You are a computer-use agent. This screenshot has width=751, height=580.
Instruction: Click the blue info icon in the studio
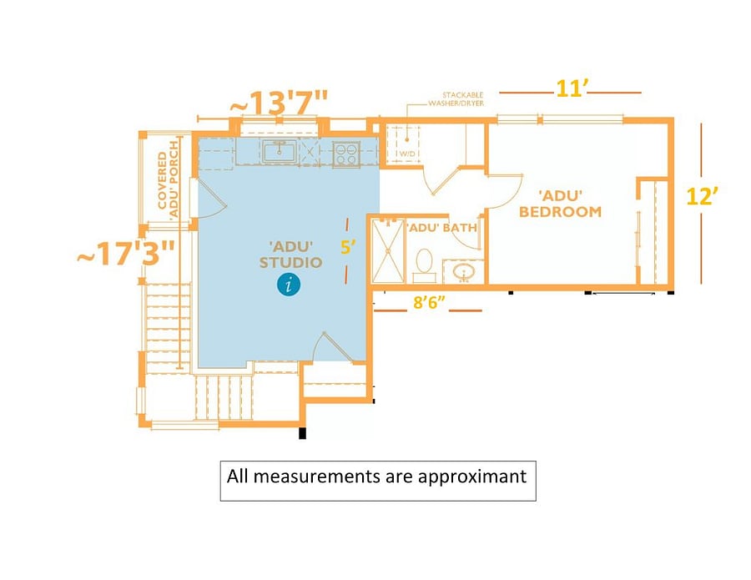pyautogui.click(x=289, y=284)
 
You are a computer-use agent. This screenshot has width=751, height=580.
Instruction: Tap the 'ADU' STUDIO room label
pyautogui.click(x=290, y=255)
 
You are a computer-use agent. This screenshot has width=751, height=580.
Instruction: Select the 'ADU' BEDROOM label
pyautogui.click(x=561, y=204)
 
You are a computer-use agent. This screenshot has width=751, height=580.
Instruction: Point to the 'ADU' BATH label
pyautogui.click(x=442, y=228)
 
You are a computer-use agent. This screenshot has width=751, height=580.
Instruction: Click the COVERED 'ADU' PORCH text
pyautogui.click(x=169, y=179)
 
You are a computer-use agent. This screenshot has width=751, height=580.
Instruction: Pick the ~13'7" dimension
pyautogui.click(x=280, y=103)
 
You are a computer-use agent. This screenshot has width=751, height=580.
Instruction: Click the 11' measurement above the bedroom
pyautogui.click(x=572, y=88)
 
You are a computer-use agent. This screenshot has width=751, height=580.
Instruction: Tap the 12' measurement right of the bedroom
pyautogui.click(x=703, y=196)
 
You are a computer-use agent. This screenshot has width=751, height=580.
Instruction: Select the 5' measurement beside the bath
pyautogui.click(x=348, y=247)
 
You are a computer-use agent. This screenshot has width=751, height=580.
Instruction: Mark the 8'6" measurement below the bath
pyautogui.click(x=429, y=303)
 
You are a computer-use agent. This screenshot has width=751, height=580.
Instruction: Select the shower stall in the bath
pyautogui.click(x=388, y=251)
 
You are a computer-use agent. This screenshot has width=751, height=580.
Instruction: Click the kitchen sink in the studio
pyautogui.click(x=279, y=151)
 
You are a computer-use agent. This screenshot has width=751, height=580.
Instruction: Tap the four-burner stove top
pyautogui.click(x=346, y=154)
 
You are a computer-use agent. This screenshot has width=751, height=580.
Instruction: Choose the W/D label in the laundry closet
pyautogui.click(x=407, y=154)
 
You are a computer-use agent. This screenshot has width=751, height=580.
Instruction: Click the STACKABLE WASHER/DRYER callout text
pyautogui.click(x=456, y=99)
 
